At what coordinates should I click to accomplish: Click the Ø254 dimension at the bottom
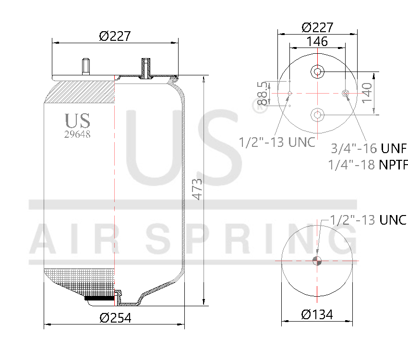pos(115,317)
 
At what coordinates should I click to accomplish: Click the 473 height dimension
pos(197,189)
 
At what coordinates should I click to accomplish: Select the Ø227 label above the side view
pos(115,36)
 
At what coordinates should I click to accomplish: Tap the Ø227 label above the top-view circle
pos(317,27)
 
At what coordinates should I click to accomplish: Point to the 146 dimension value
pos(317,41)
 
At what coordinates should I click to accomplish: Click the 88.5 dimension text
pos(262,93)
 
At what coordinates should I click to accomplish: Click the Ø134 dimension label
pos(317,315)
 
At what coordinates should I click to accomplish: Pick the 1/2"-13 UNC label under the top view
pos(277,142)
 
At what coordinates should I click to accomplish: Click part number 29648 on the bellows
pos(77,134)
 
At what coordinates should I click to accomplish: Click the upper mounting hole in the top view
pos(317,72)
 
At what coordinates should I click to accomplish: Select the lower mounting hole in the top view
pos(317,114)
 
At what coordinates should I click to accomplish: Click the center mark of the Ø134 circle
pos(317,261)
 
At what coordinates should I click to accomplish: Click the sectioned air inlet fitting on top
pos(145,68)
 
